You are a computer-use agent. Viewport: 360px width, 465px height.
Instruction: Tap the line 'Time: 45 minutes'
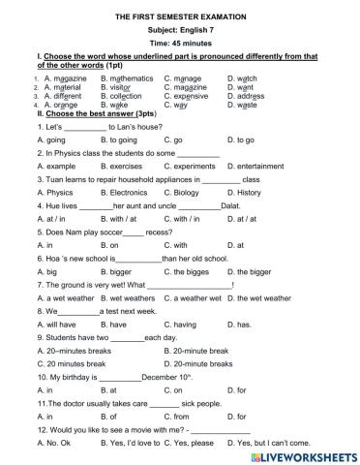[x=180, y=45]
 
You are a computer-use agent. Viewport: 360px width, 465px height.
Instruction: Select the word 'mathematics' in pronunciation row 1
[x=126, y=77]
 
